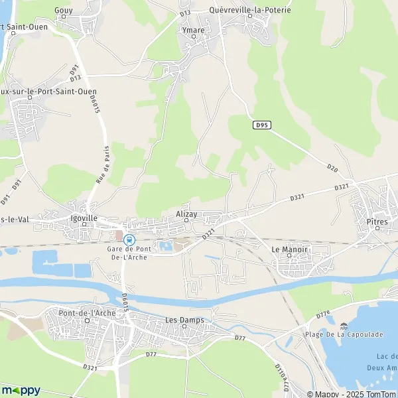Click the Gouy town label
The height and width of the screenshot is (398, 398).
(x=64, y=11)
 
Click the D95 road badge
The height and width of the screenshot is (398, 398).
(x=263, y=124)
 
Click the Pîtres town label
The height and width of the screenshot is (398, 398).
(x=377, y=222)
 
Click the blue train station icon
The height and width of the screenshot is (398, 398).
(x=129, y=239)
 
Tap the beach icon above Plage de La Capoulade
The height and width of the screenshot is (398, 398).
(x=344, y=326)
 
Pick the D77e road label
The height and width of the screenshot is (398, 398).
(x=323, y=314)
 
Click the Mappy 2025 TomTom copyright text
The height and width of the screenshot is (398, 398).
(x=356, y=392)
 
